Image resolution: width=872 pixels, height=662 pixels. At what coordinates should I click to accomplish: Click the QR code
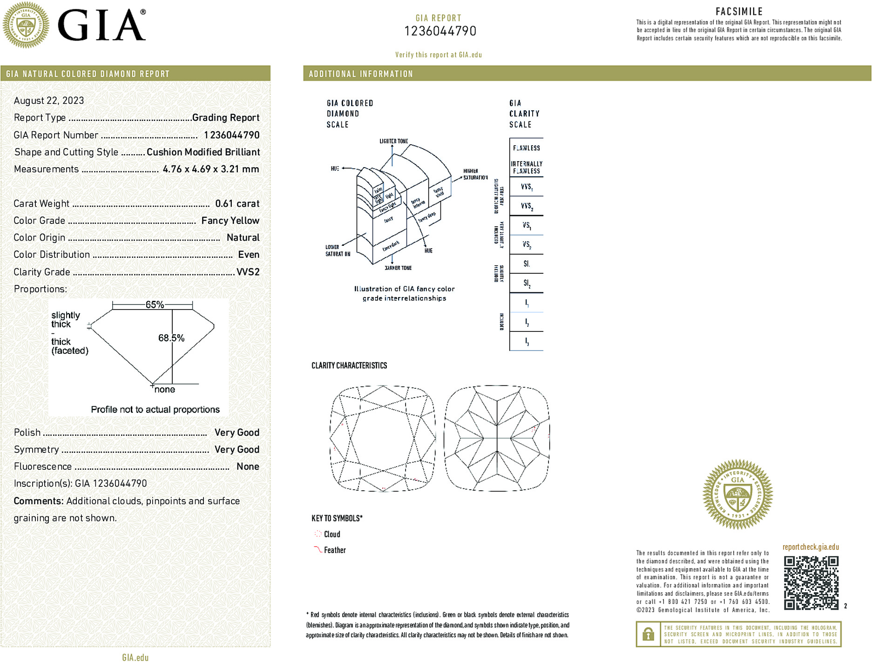[811, 582]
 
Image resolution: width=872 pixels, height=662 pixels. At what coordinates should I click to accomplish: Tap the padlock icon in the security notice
[648, 634]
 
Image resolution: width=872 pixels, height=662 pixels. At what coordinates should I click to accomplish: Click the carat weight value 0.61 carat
[237, 203]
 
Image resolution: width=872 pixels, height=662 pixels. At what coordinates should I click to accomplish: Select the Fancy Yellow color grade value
[230, 221]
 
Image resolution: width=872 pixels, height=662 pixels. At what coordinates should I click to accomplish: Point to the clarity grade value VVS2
[248, 272]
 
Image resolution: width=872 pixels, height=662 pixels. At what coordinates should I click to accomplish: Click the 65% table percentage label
[155, 305]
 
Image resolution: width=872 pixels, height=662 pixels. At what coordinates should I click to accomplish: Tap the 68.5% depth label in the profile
[171, 338]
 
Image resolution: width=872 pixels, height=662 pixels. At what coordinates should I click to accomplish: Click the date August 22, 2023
[49, 101]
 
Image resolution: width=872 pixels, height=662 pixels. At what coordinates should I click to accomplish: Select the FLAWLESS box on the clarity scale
[526, 148]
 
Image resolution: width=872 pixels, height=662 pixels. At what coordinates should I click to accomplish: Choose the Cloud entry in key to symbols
[331, 534]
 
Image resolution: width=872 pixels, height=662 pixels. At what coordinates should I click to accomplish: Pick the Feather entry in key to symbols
[334, 550]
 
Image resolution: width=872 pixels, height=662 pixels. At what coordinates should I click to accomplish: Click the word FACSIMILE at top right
[739, 12]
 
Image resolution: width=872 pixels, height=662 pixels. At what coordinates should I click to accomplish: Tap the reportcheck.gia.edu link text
[811, 547]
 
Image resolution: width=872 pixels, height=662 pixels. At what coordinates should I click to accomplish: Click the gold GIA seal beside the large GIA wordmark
[26, 25]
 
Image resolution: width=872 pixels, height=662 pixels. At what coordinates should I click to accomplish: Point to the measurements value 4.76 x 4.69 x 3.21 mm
[211, 169]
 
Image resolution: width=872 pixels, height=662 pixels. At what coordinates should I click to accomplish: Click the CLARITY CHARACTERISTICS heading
[349, 365]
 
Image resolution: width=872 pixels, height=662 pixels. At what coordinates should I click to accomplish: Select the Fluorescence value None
[248, 466]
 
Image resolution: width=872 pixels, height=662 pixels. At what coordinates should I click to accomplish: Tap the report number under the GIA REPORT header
[440, 31]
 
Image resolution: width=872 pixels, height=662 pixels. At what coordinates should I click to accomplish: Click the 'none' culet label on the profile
[165, 390]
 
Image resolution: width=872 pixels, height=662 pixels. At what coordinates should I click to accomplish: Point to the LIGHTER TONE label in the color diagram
[393, 141]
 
